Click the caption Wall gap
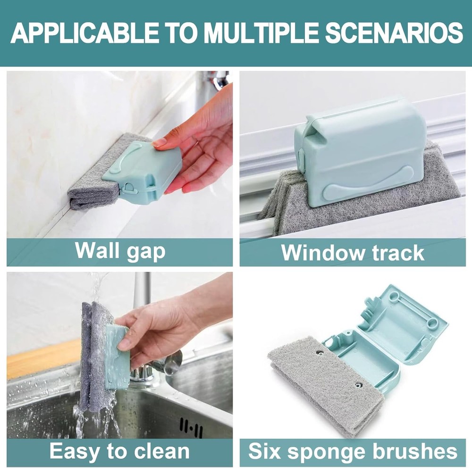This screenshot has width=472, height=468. pyautogui.click(x=120, y=251)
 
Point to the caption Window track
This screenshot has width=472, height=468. pyautogui.click(x=353, y=253)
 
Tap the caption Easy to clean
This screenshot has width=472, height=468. pyautogui.click(x=119, y=451)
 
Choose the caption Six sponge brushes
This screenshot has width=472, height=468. pyautogui.click(x=353, y=451)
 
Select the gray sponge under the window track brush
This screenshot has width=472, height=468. pyautogui.click(x=293, y=207)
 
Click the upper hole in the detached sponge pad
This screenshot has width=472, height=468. pyautogui.click(x=320, y=353)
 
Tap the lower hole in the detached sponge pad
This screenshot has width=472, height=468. pyautogui.click(x=358, y=385)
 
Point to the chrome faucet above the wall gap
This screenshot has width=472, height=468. pyautogui.click(x=219, y=80)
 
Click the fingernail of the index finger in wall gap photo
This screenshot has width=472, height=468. pyautogui.click(x=160, y=141)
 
